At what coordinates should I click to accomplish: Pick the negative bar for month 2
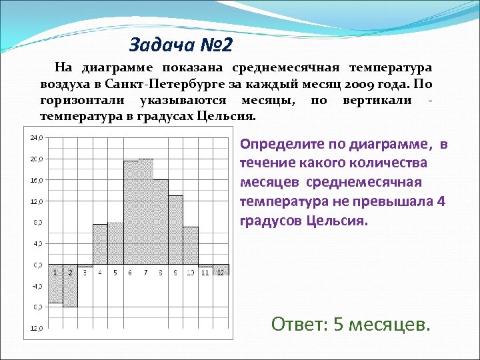tap(70, 291)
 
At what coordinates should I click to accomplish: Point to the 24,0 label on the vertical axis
tap(36, 138)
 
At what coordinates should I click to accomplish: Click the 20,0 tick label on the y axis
tap(36, 159)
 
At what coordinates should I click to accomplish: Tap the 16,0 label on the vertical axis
tap(36, 180)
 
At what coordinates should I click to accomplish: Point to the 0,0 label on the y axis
tap(36, 265)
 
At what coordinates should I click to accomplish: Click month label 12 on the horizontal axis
tap(221, 273)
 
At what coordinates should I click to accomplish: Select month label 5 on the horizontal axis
tap(115, 273)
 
